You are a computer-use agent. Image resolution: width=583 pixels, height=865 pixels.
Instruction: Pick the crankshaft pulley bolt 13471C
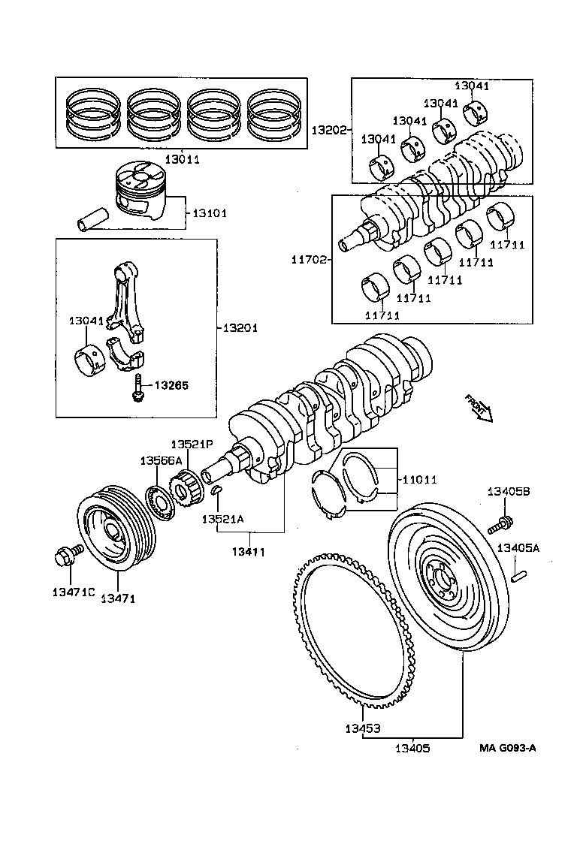(64, 558)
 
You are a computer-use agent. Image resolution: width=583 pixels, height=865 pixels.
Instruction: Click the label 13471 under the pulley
(119, 598)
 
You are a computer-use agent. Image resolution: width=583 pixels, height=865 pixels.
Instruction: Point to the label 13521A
(222, 519)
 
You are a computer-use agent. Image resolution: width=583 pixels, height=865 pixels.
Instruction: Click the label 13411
(249, 552)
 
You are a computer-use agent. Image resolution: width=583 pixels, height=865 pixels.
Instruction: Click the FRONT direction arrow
(478, 407)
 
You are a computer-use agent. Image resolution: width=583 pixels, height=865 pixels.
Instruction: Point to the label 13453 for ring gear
(362, 728)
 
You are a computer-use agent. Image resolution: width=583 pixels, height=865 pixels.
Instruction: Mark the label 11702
(310, 260)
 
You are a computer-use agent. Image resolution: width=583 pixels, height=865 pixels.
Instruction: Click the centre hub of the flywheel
(442, 579)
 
